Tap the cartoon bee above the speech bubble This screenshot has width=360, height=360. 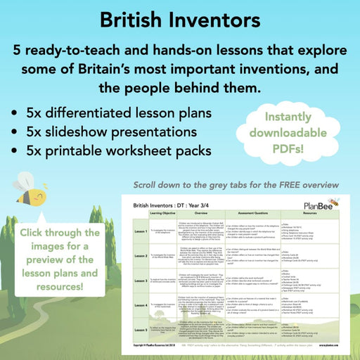click(37, 188)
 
